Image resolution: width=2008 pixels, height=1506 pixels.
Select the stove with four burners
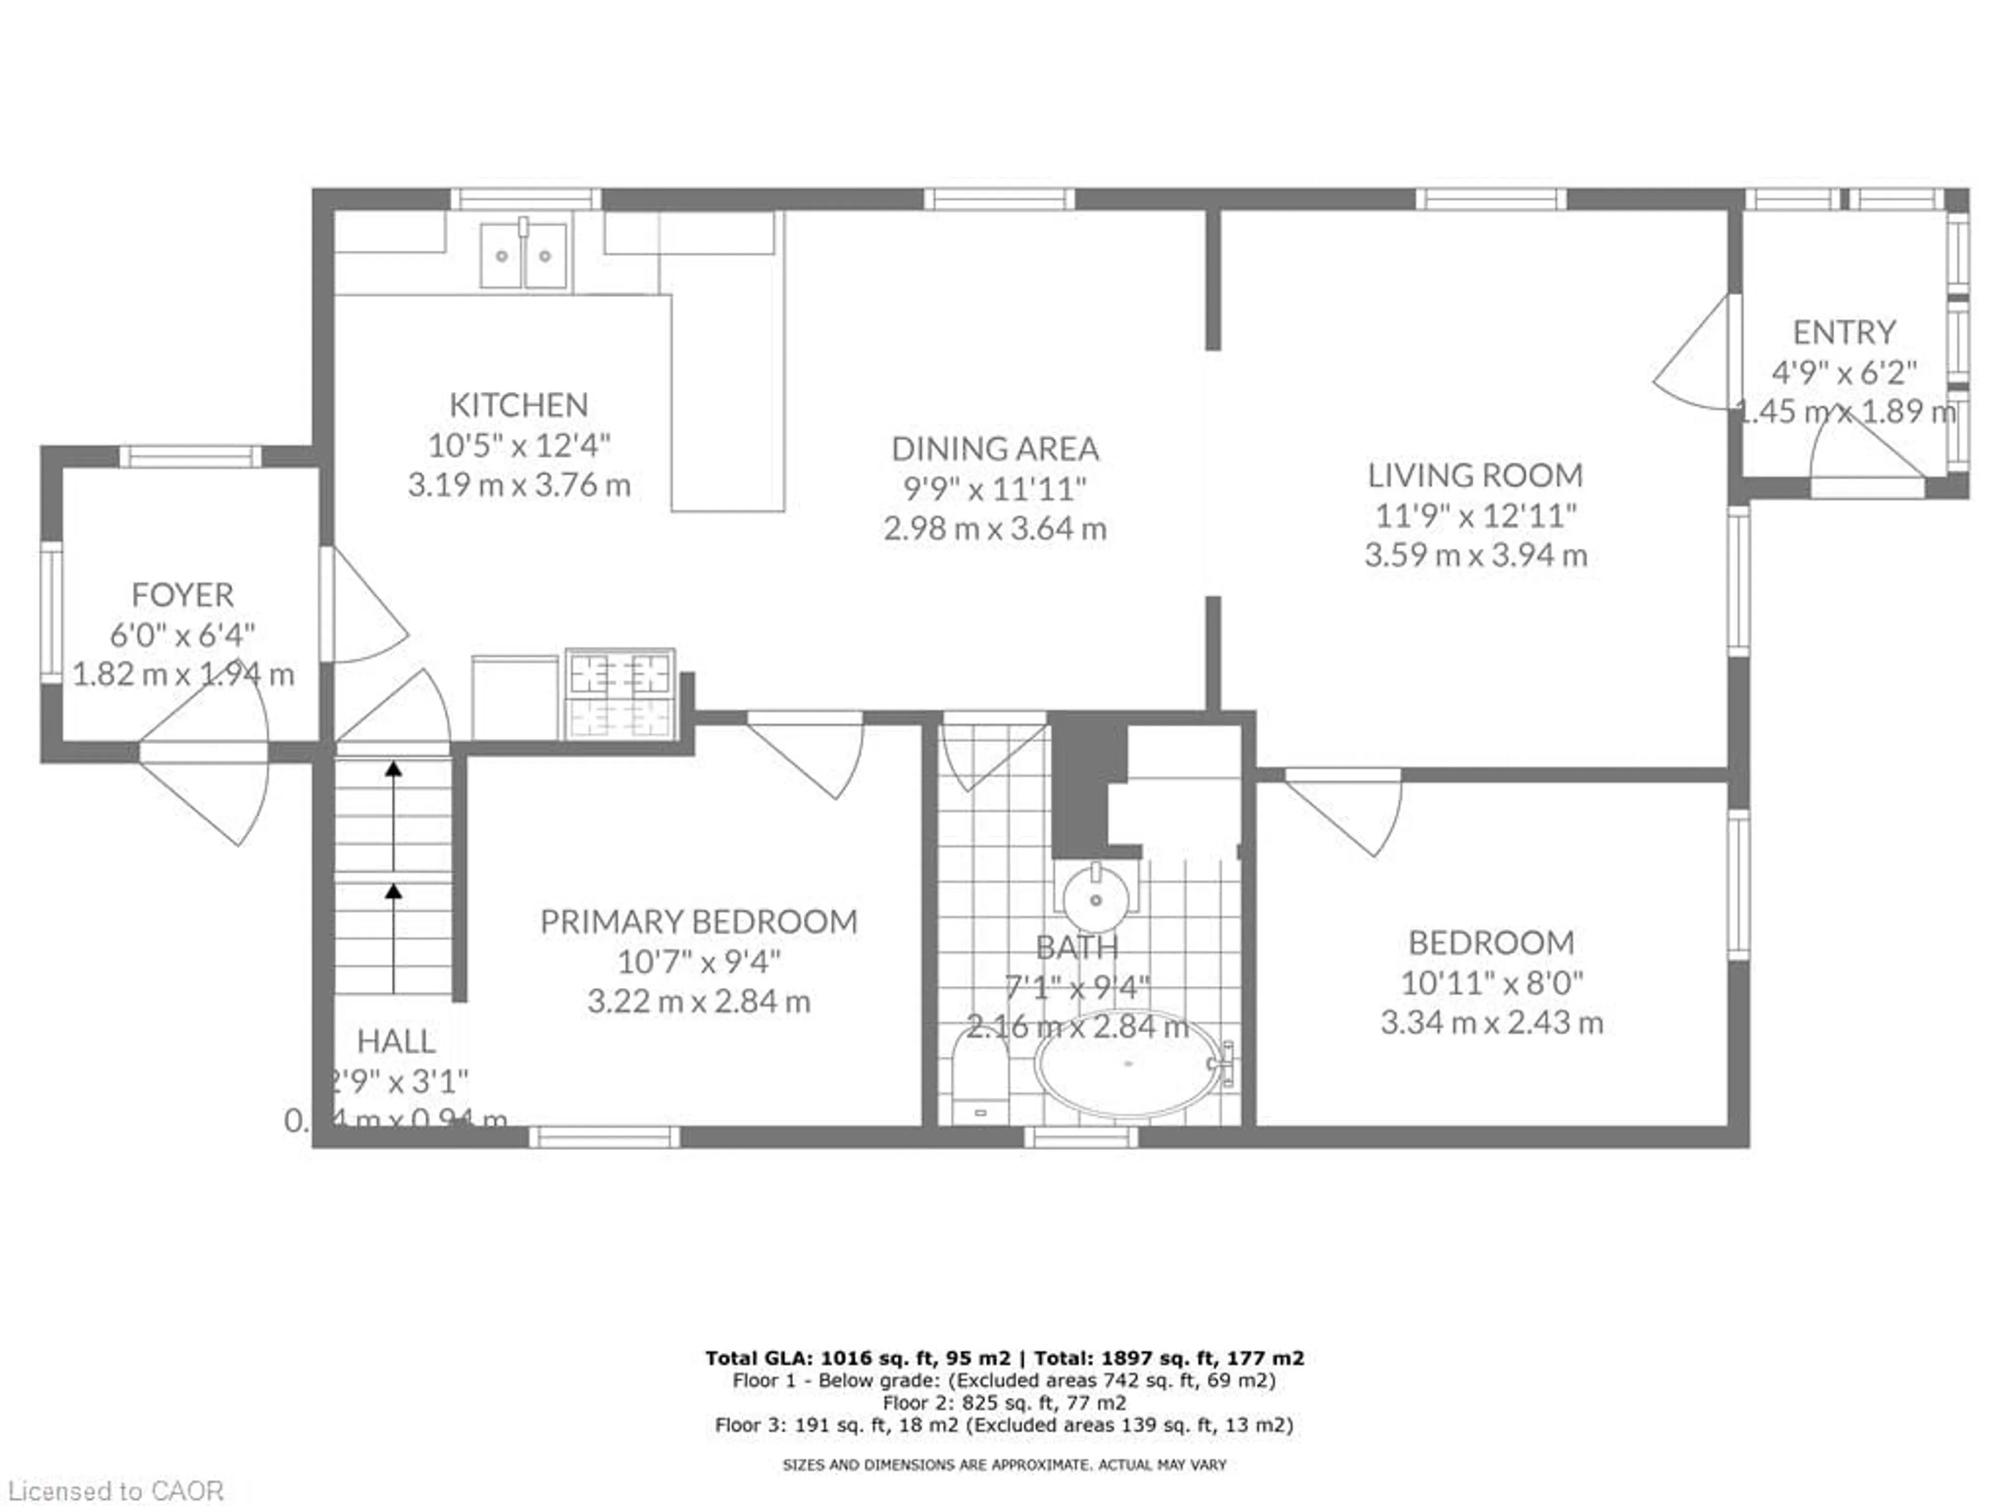point(620,693)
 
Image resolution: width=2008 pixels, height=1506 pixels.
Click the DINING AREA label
point(995,449)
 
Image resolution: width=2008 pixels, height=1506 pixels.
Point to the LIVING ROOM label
point(1475,475)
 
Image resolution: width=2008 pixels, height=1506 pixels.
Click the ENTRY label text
point(1844,332)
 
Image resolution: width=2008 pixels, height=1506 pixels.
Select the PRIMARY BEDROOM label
point(698,921)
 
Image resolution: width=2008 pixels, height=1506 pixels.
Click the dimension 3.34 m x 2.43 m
point(1491,1023)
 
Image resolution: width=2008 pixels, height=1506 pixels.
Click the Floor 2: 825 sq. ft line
point(1004,1402)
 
